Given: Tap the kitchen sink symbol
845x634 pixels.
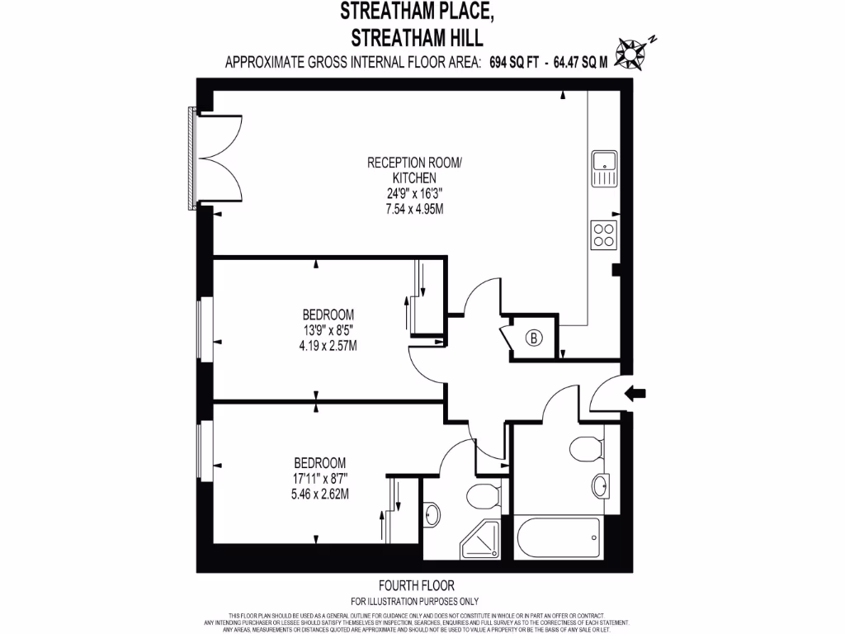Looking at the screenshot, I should click(x=604, y=168).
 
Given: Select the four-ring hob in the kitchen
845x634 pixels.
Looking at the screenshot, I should click(x=604, y=234).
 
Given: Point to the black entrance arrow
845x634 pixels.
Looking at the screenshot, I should click(x=637, y=394).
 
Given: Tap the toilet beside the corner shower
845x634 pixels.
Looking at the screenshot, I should click(x=482, y=497).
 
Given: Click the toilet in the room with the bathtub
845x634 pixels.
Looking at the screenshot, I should click(x=584, y=448).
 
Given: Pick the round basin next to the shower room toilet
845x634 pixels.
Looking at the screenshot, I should click(x=432, y=514).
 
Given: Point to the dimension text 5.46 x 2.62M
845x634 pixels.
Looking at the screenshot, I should click(x=319, y=494).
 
